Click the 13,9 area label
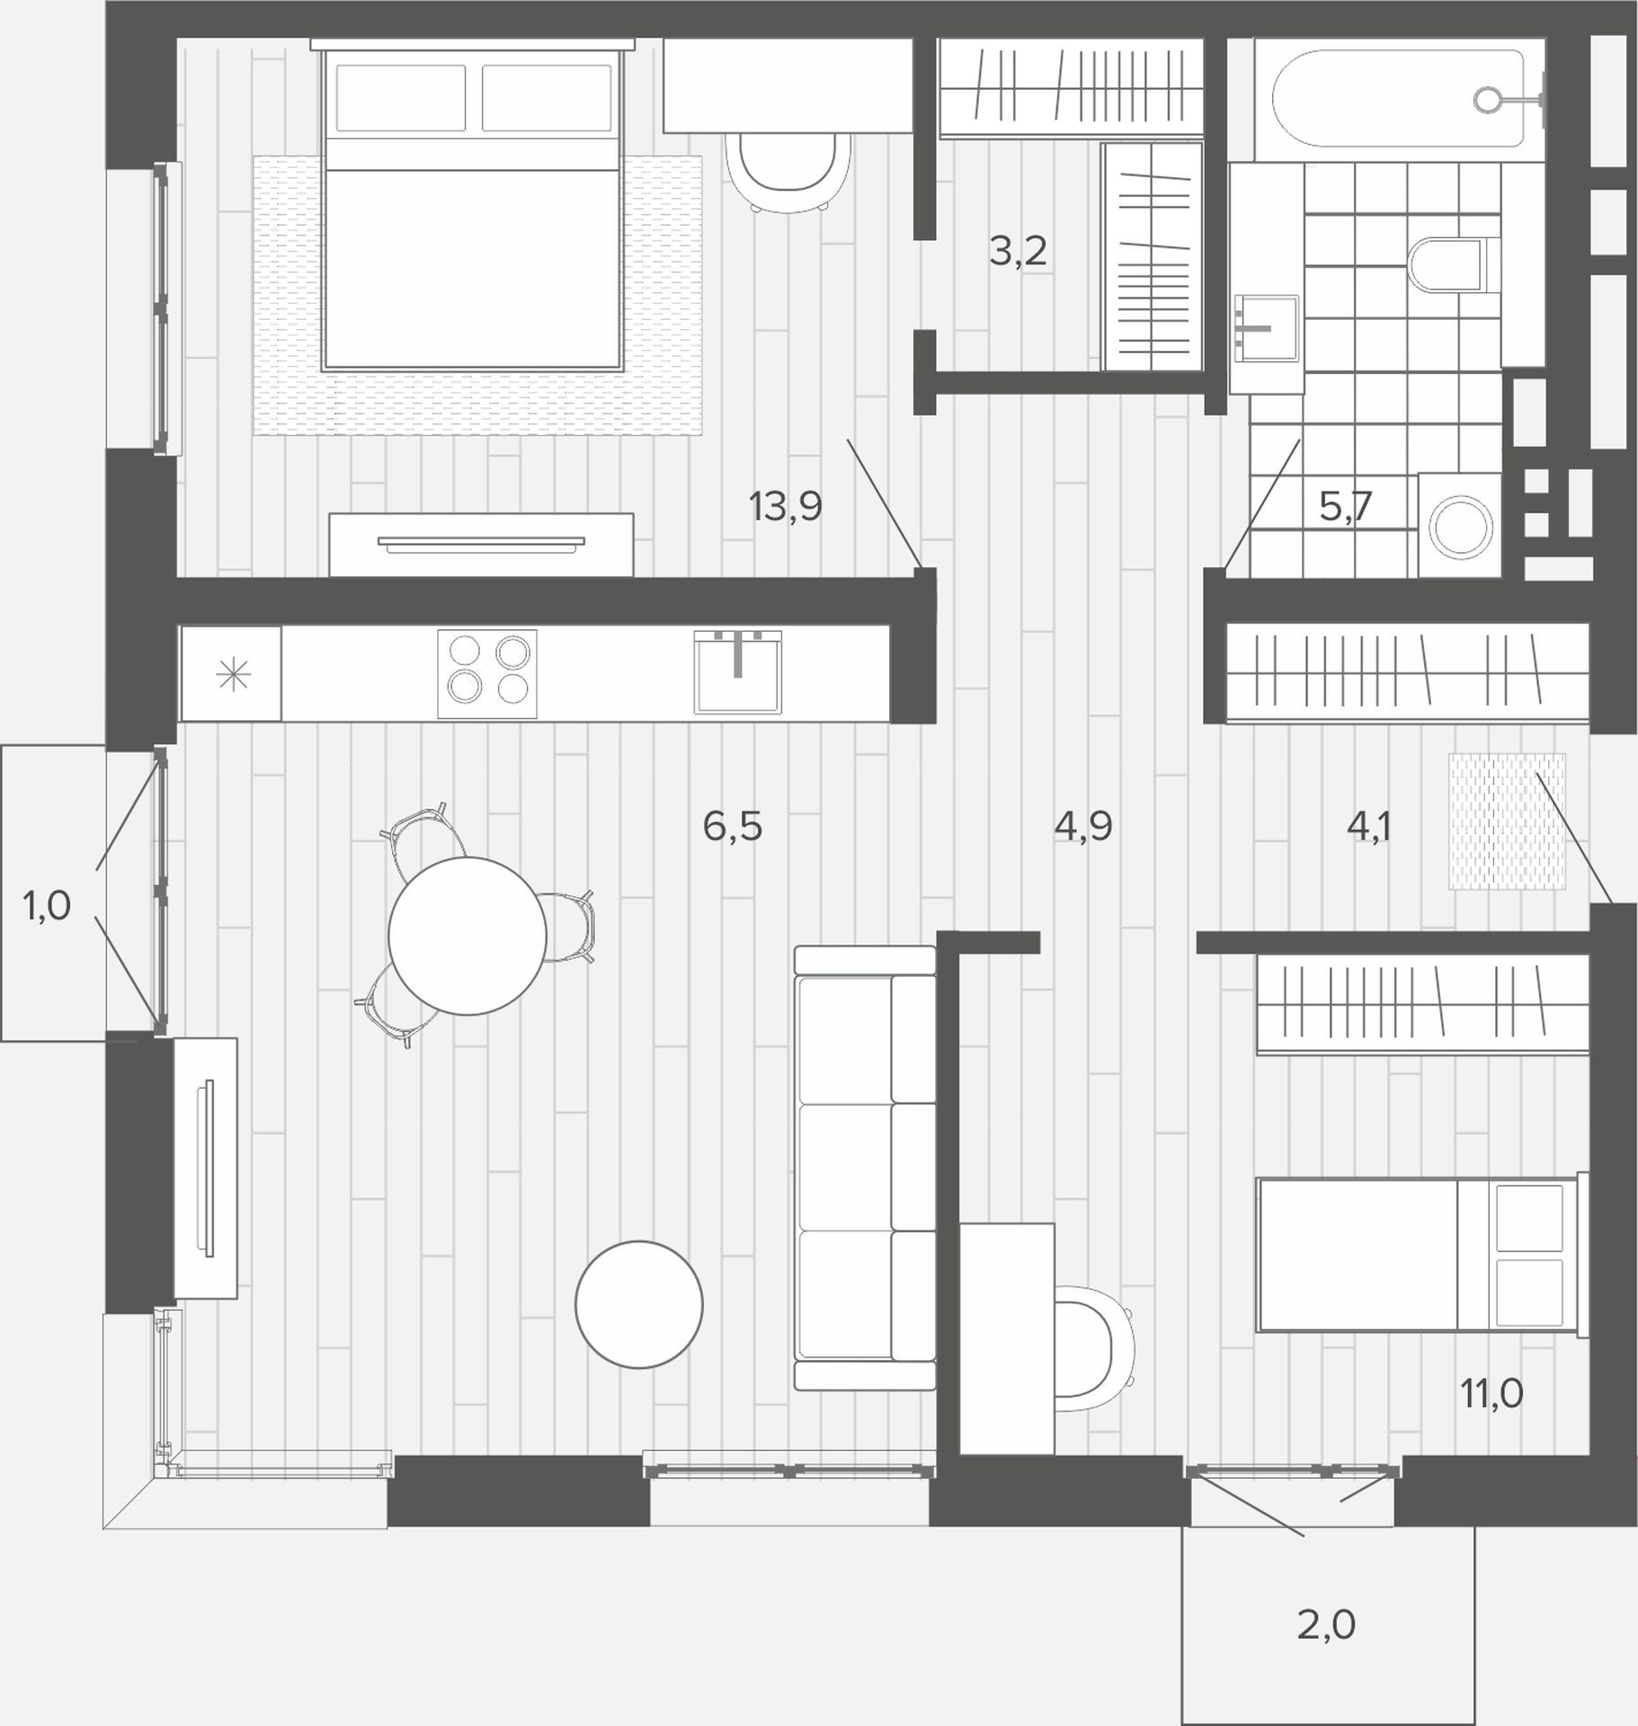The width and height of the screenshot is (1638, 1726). pos(786,507)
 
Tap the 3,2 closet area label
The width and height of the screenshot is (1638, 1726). pos(1018,252)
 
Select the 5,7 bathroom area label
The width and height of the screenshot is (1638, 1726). pos(1346,507)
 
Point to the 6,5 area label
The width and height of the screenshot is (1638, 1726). pos(733,826)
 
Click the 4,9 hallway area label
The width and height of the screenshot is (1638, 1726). pos(1083,826)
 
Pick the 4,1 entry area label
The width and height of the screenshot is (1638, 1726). pos(1368,826)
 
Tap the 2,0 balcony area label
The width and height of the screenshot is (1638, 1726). pos(1326,1625)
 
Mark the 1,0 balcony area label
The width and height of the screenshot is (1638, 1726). pos(47,907)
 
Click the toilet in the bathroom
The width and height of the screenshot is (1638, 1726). pos(1448,263)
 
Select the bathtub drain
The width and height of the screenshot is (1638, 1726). pos(1488,100)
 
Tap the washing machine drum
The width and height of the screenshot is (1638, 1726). pos(1461,527)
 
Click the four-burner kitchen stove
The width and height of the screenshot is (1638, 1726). pos(487,674)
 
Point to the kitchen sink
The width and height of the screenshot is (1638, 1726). pos(737,672)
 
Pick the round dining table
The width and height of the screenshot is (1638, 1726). pos(467,936)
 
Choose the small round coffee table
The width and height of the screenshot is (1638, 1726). pos(639,1304)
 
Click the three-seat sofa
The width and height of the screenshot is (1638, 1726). pos(865,1168)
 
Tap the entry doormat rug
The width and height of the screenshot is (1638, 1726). pos(1507,822)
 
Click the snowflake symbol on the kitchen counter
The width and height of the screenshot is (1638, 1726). pos(234,674)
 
